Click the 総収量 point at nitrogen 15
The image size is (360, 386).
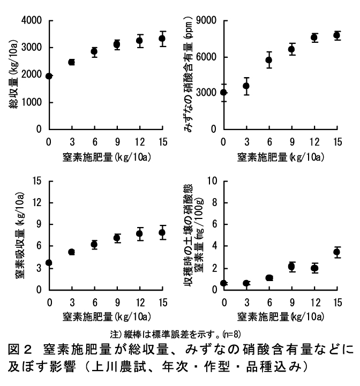click(162, 39)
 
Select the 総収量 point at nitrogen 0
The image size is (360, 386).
click(49, 76)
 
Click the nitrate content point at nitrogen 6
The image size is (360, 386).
click(269, 60)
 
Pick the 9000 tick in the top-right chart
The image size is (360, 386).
click(207, 20)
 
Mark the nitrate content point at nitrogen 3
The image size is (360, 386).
click(246, 86)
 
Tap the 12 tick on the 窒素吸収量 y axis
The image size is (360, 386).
click(35, 203)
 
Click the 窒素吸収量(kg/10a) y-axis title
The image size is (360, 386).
click(20, 236)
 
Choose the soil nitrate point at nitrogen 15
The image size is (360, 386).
click(337, 252)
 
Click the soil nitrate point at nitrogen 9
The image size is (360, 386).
click(291, 267)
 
